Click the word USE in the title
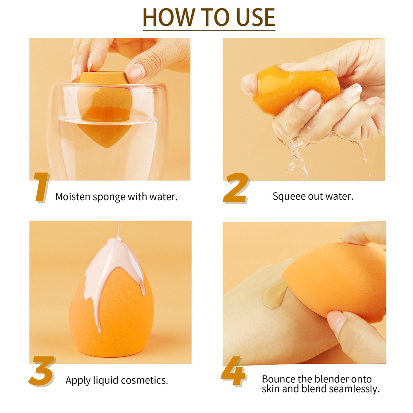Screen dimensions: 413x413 coord(256,17)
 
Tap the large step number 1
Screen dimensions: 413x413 coord(42,187)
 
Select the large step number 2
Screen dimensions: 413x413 coord(236,188)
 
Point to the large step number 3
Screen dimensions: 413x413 coord(42,371)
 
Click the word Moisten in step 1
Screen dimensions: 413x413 coord(73,196)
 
